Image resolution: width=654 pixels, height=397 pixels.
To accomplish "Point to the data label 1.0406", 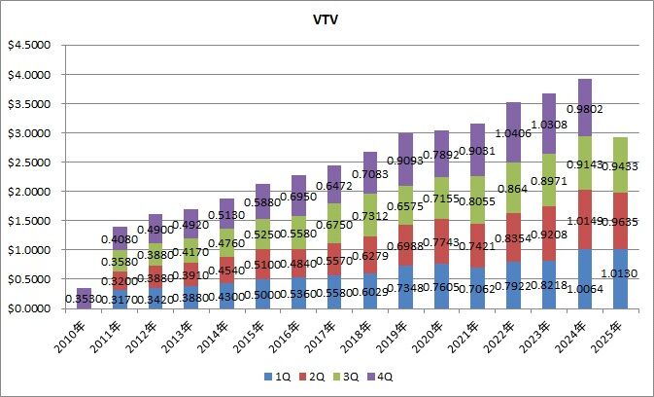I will point(515,133).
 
